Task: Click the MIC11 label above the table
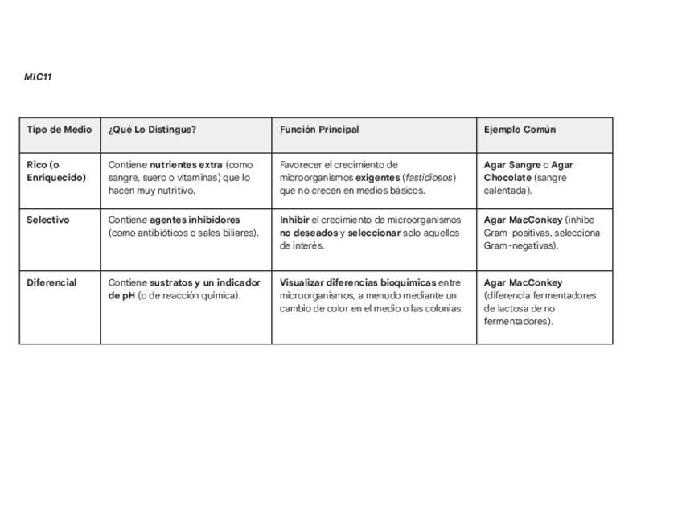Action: point(38,77)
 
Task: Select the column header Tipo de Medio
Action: point(60,130)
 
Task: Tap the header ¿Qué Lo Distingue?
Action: point(152,130)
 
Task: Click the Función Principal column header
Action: point(319,130)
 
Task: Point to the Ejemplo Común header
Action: point(520,130)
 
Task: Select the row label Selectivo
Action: point(48,220)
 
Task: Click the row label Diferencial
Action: point(51,283)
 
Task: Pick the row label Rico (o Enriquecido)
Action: point(55,171)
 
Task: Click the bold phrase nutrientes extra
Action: point(186,165)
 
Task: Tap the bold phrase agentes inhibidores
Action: point(195,220)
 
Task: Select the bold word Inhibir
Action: point(294,220)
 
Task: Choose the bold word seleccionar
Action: point(374,233)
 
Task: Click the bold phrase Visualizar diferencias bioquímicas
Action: point(358,283)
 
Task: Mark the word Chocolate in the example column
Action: point(507,178)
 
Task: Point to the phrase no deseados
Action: point(309,233)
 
